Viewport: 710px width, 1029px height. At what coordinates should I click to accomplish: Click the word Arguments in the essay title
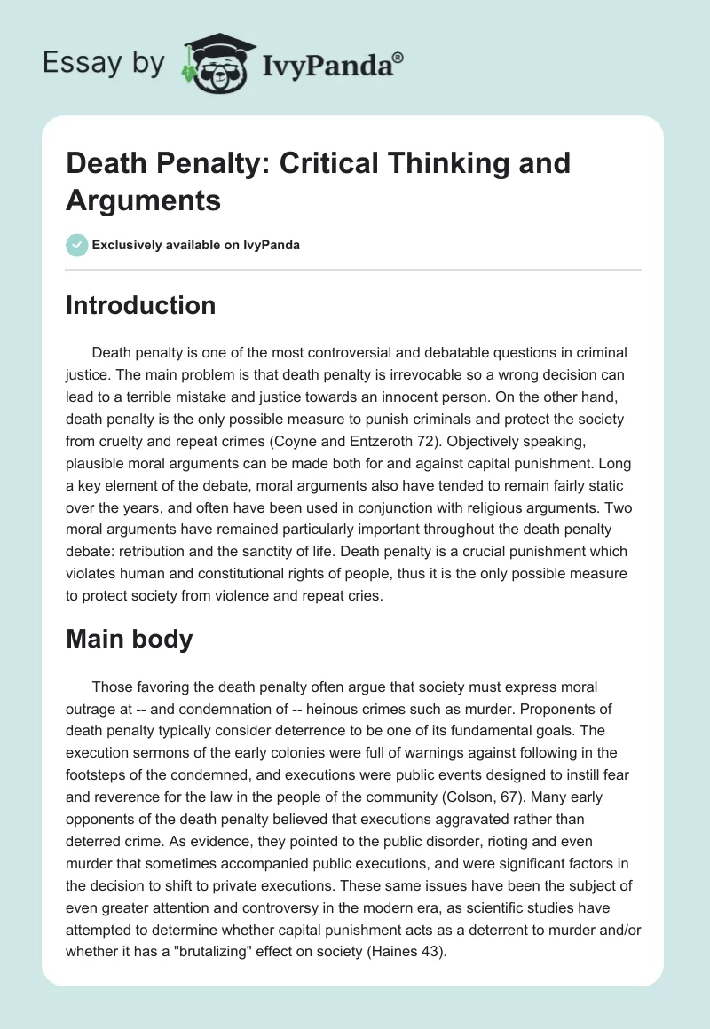coord(144,200)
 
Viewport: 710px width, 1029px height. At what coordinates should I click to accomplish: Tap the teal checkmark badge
coord(77,246)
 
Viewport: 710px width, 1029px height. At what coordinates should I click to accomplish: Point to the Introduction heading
coord(141,305)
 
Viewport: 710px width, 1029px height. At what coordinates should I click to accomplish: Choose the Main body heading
coord(130,639)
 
